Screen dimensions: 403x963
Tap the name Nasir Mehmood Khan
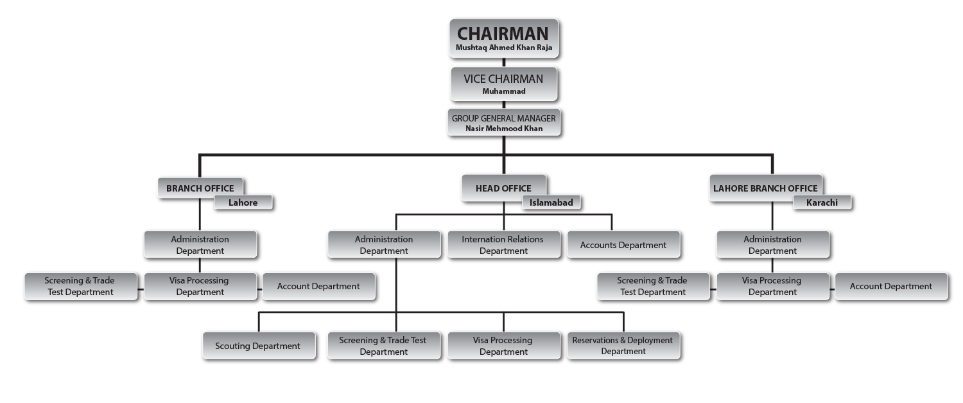(x=503, y=129)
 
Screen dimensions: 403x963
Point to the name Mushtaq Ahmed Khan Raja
(x=503, y=48)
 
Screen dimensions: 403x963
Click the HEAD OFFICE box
(x=503, y=188)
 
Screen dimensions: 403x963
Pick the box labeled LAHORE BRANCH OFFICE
(x=765, y=188)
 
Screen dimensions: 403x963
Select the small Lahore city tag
(x=243, y=202)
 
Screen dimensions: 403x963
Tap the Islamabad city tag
(x=551, y=202)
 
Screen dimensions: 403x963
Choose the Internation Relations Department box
(x=503, y=245)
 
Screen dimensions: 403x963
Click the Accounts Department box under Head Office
(x=623, y=245)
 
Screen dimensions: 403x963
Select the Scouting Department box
(x=258, y=346)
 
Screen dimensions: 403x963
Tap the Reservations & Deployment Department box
(x=623, y=346)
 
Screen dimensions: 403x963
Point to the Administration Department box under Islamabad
(x=384, y=245)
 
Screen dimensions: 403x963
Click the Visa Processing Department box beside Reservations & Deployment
(x=503, y=346)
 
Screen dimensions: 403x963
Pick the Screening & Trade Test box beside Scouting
(x=383, y=346)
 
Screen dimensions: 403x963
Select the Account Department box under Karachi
(x=891, y=286)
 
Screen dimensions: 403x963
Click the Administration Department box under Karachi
(x=772, y=245)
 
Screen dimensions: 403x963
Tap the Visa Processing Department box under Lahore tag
(x=200, y=286)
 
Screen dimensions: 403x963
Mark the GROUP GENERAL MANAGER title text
(x=503, y=118)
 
